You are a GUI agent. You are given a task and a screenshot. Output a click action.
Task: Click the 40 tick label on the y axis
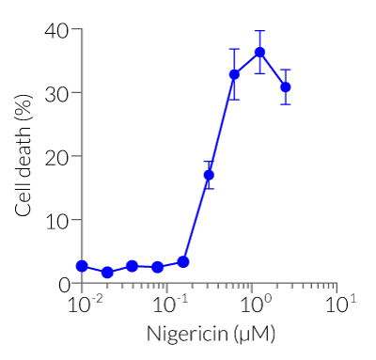57,30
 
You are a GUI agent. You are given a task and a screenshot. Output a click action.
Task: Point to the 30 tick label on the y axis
57,93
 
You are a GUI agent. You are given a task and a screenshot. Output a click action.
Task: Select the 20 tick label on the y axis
57,156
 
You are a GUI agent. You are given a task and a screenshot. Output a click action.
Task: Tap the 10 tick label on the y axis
57,220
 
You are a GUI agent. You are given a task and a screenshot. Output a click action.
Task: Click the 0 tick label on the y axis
63,283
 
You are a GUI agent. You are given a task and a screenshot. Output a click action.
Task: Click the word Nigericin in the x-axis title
178,335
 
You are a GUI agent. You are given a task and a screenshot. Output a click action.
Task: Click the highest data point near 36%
259,53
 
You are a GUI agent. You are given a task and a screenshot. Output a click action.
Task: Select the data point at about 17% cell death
209,175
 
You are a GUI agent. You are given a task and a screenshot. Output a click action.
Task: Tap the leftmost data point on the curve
82,266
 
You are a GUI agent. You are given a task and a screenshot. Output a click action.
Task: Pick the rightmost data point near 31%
285,86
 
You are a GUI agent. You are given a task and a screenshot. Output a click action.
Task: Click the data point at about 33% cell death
234,74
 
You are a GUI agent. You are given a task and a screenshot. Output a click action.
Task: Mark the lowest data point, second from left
107,273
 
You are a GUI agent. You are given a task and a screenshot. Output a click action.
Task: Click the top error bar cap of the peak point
259,31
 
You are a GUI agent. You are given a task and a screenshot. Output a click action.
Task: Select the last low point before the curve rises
183,261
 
